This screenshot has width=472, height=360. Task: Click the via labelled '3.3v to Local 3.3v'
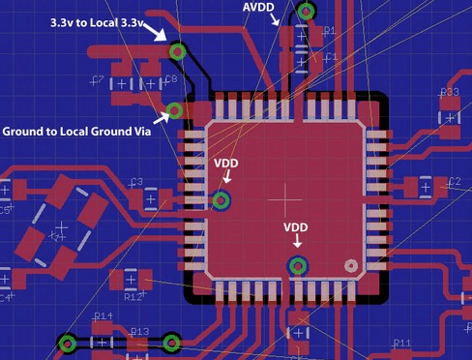(x=177, y=51)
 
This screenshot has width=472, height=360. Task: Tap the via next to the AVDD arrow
(x=306, y=12)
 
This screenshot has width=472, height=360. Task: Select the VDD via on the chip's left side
(x=221, y=200)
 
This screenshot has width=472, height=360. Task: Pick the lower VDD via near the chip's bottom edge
(x=298, y=265)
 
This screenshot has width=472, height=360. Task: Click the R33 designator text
(x=449, y=93)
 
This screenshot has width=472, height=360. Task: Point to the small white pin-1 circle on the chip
(x=351, y=263)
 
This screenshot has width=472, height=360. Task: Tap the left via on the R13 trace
(x=68, y=342)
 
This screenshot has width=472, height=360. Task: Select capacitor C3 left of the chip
(x=152, y=197)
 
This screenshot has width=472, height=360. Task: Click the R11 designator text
(x=402, y=344)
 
